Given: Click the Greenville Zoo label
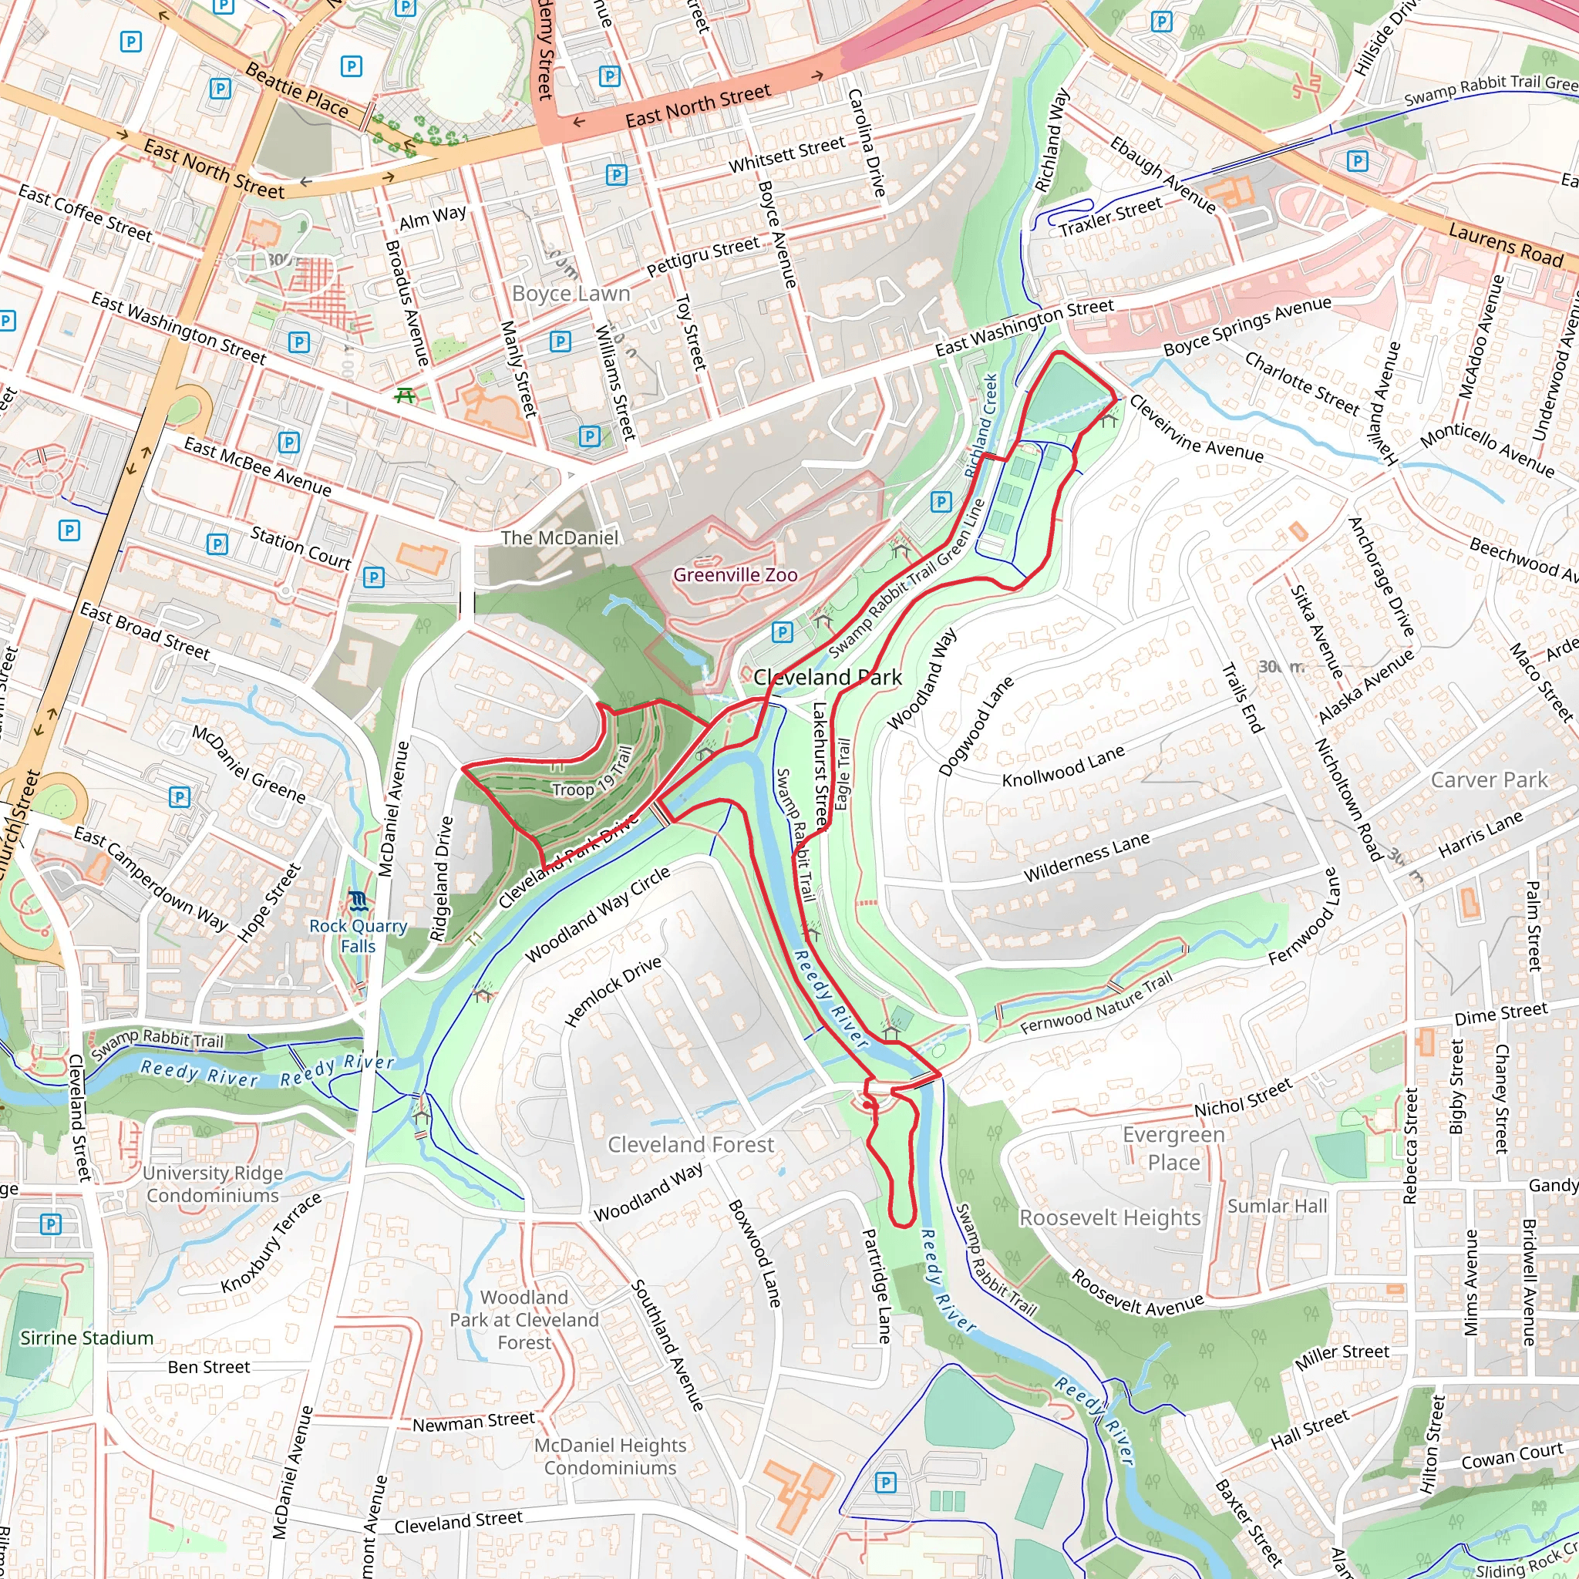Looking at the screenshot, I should (735, 575).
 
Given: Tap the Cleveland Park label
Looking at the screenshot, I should (827, 677).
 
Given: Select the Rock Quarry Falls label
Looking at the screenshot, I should (358, 936).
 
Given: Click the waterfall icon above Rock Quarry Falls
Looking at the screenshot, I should (358, 901).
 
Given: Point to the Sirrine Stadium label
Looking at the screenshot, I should (86, 1338).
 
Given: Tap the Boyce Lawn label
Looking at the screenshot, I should (571, 294).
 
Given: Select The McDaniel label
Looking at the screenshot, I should (559, 538).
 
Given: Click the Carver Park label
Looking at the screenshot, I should (1488, 779).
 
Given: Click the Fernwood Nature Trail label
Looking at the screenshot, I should (1096, 1005).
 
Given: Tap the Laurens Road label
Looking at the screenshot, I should (1506, 244).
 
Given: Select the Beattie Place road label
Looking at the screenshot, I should (297, 90).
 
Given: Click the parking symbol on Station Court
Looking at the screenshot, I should (217, 544).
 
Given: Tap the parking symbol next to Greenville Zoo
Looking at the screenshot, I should (782, 631).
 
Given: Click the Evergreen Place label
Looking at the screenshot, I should (1173, 1148).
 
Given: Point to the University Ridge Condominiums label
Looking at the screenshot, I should (213, 1184).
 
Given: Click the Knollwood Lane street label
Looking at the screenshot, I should (1063, 766).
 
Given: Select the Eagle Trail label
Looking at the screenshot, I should (843, 774).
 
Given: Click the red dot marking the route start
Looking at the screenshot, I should (867, 1105).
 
